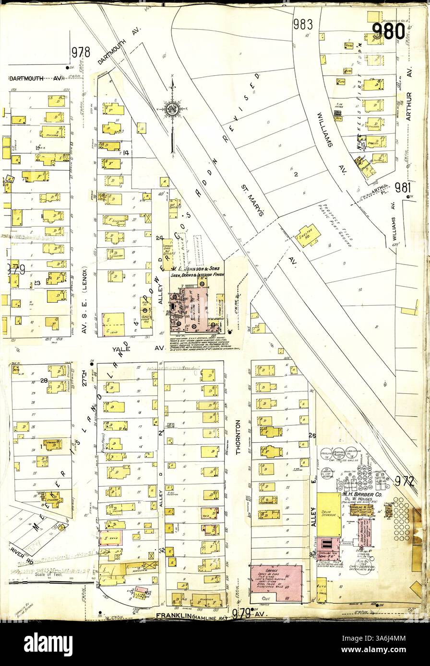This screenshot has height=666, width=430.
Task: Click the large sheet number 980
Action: [x=389, y=31]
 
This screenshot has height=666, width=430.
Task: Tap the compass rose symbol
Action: [x=172, y=109]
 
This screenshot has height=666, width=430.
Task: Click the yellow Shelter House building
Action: [x=307, y=235]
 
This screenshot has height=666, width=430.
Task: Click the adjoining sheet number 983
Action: [x=303, y=24]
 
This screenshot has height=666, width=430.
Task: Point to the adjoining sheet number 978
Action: [x=81, y=52]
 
